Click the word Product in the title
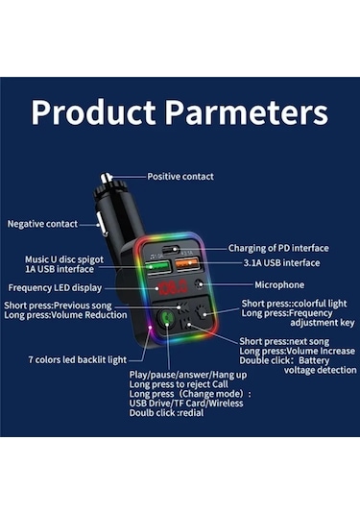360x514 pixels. pos(94,112)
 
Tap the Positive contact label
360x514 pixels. pos(180,177)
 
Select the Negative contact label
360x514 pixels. pos(42,224)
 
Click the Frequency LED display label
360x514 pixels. pos(55,287)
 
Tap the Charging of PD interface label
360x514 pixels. pos(277,248)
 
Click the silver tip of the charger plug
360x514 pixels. pos(108,179)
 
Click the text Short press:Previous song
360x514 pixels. pos(64,305)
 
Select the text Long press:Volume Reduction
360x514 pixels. pos(64,315)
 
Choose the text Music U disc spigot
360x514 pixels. pos(67,259)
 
